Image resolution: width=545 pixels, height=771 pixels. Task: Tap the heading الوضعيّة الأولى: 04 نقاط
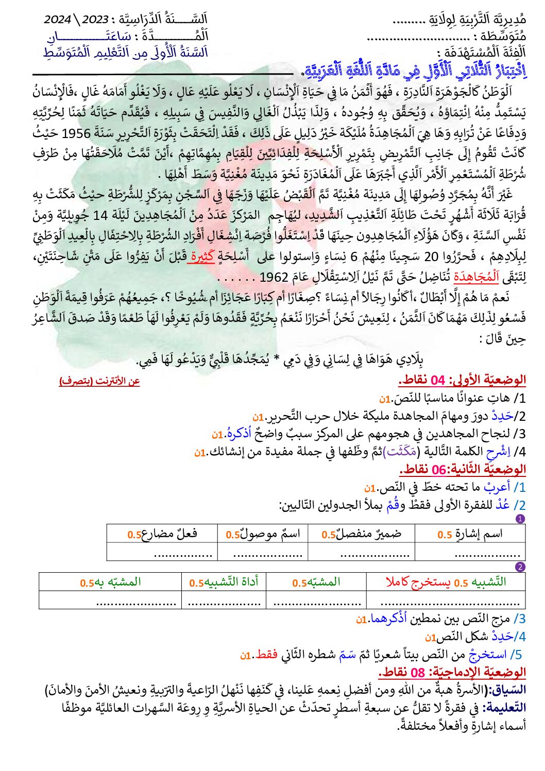tap(462, 380)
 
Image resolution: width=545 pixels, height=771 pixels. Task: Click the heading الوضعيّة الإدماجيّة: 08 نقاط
tap(452, 672)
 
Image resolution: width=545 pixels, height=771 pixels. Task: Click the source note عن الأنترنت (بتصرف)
tap(99, 381)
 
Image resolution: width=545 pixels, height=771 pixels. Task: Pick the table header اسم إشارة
tap(470, 534)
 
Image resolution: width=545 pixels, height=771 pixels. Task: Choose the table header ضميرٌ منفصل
tap(362, 534)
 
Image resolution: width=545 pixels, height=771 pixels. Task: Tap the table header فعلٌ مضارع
tap(162, 534)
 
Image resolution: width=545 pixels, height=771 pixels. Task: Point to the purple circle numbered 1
tap(520, 519)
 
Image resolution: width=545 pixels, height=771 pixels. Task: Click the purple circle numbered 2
tap(520, 567)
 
